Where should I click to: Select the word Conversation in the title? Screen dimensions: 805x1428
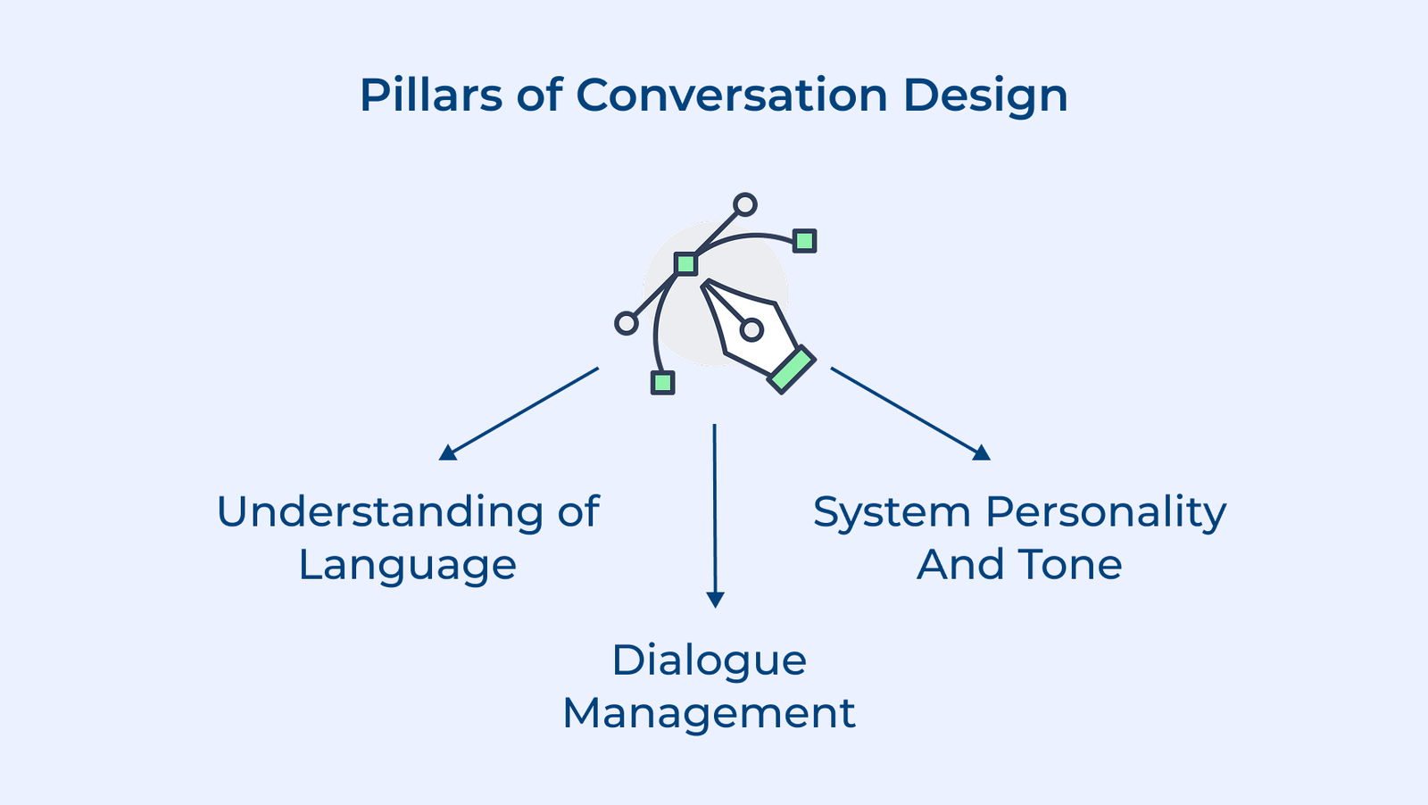(732, 95)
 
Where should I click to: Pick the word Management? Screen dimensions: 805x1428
(710, 714)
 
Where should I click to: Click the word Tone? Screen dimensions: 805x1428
(1070, 564)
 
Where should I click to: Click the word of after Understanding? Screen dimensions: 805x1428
(578, 512)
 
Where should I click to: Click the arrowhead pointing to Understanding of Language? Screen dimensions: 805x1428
(448, 452)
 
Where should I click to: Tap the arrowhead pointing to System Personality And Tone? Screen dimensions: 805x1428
(981, 452)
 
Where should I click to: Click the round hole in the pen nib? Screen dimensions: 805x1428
(751, 330)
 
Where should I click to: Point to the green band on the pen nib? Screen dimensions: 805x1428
(791, 369)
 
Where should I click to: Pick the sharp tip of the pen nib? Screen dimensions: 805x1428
(706, 286)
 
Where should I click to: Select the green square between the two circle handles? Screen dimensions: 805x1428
(685, 263)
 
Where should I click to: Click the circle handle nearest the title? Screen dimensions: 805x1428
(745, 204)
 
